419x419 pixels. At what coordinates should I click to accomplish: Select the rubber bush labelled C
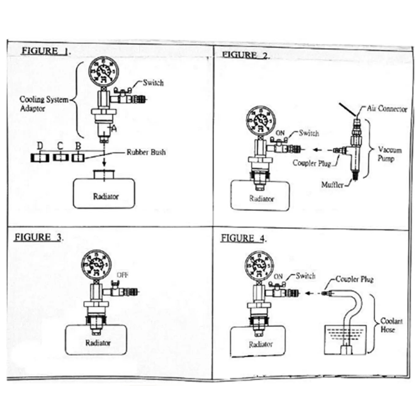pyautogui.click(x=60, y=157)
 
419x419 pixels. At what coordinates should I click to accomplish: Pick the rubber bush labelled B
pyautogui.click(x=78, y=157)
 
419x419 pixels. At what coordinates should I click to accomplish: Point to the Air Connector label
pyautogui.click(x=387, y=109)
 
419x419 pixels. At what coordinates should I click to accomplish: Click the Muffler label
pyautogui.click(x=332, y=184)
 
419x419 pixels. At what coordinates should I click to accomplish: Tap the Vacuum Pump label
pyautogui.click(x=389, y=154)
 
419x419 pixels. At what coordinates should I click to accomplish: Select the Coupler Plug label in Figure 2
pyautogui.click(x=312, y=163)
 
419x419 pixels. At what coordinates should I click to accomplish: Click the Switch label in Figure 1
pyautogui.click(x=153, y=83)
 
